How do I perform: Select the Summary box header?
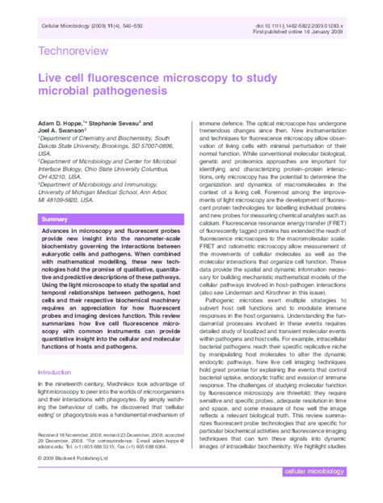coord(54,220)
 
